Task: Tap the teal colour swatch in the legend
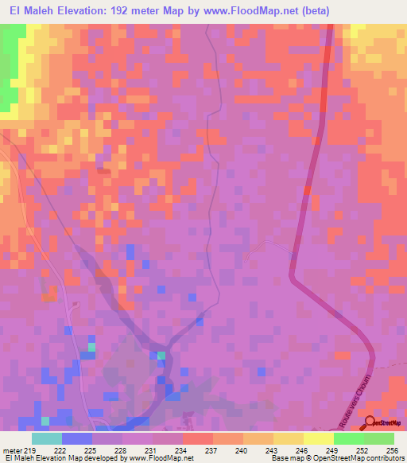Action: point(47,439)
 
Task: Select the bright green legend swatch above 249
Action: point(348,439)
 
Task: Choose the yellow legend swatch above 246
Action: point(288,439)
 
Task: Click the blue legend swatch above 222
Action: point(77,439)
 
